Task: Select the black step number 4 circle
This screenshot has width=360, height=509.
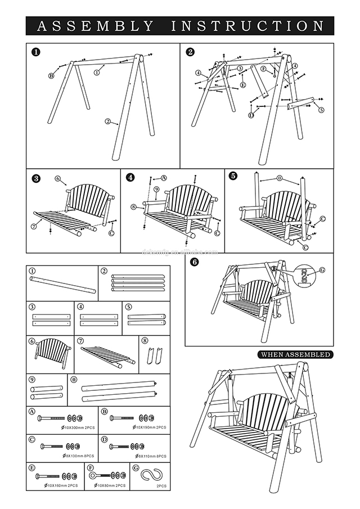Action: click(x=131, y=177)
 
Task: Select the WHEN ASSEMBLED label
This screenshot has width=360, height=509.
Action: click(x=295, y=355)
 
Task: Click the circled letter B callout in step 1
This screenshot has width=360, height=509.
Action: click(x=51, y=76)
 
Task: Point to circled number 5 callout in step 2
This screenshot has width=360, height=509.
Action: click(x=321, y=110)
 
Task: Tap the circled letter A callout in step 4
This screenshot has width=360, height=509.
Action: click(x=164, y=177)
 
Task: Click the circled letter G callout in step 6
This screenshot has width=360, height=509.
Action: click(x=322, y=271)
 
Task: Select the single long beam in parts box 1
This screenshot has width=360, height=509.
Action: click(x=62, y=283)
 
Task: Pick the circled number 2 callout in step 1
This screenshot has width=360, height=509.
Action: click(x=107, y=121)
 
